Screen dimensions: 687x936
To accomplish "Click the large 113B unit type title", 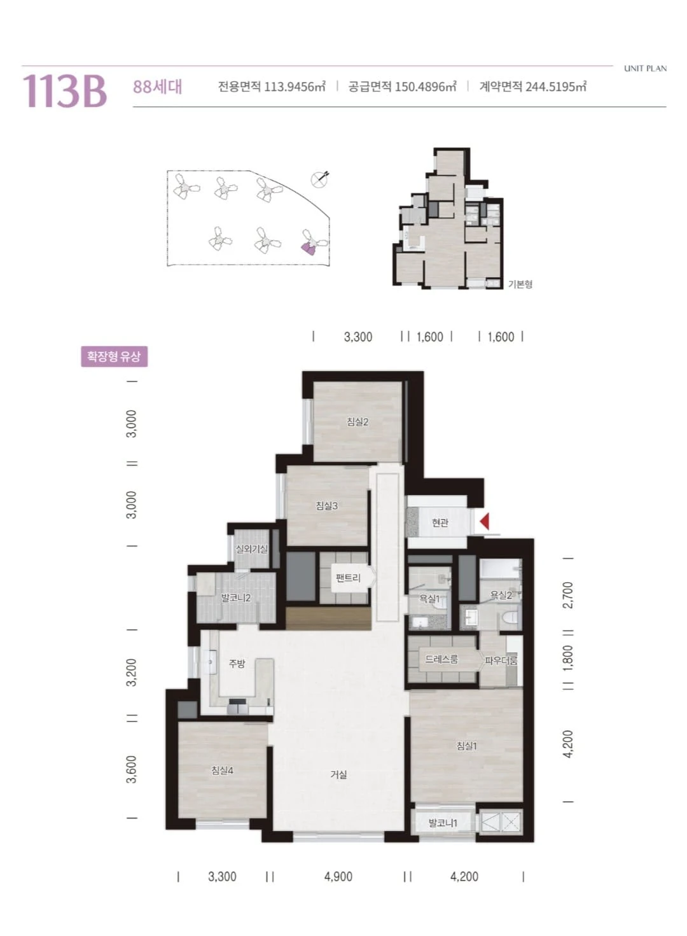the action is pos(65,91).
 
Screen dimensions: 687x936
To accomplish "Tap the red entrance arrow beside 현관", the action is pos(485,522).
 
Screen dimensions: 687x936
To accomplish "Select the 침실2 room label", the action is pos(357,422).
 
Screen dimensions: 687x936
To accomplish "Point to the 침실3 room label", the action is pos(326,506).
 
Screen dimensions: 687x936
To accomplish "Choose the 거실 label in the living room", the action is pos(338,775).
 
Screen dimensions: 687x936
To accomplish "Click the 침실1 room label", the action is pos(466,746).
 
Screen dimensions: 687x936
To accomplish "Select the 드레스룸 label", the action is pos(441,659).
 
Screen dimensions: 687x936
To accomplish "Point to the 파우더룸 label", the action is pos(501,660).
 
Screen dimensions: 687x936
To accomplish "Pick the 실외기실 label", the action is pos(252,549).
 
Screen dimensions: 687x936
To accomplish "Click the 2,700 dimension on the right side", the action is pos(569,595).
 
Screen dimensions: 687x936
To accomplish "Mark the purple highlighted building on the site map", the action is pos(309,249).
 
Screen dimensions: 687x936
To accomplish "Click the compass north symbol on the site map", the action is pos(321,179).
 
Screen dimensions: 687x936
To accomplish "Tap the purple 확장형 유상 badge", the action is pos(114,356).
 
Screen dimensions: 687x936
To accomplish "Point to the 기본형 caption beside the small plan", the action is pos(520,284).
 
